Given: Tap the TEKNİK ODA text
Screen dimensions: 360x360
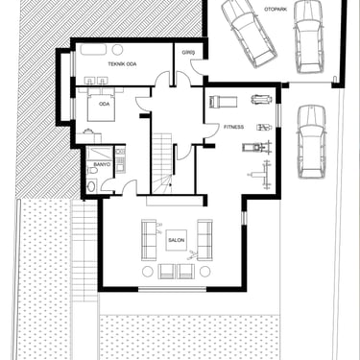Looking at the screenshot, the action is pos(122,64).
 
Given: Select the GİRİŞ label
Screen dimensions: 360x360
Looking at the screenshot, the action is pos(186,52).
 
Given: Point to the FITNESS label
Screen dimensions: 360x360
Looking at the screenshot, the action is pos(233,127).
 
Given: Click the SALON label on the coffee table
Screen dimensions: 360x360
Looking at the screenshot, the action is pos(177,240).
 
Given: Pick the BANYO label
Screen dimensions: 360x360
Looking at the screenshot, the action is pos(102,164).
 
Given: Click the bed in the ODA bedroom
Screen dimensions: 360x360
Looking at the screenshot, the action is pos(101,104).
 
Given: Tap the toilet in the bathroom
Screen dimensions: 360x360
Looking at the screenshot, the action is pos(92,171).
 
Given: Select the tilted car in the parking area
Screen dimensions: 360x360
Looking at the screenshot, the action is pos(249,33).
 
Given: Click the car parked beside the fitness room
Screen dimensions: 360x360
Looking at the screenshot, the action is pos(311,141).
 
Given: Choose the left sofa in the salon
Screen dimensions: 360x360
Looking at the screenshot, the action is pos(149,240).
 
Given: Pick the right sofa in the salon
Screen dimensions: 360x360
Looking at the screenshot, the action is pos(204,240).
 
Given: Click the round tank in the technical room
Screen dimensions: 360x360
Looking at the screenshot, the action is pos(117,50).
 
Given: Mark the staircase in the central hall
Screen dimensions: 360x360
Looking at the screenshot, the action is pos(162,163).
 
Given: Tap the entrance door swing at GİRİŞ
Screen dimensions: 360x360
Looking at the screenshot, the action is pos(198,67).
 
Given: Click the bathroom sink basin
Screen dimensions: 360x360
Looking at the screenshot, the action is pos(91,186).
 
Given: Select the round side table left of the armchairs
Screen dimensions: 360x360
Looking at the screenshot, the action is pos(148,272).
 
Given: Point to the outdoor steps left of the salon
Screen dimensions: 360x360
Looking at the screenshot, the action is pos(84,251).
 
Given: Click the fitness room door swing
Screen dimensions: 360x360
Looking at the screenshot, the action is pos(210,131).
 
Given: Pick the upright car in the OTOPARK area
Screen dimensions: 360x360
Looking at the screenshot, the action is pos(308,36).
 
